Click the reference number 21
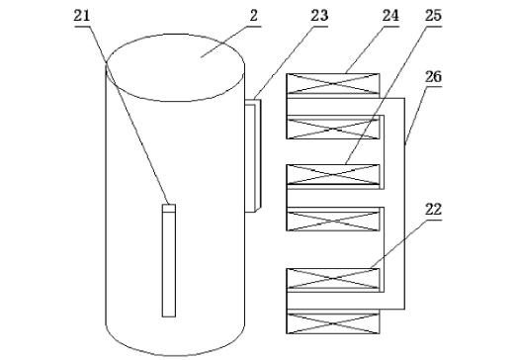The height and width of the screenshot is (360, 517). coord(82,16)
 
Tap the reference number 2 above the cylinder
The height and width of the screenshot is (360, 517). coord(253,16)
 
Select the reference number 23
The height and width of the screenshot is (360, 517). coord(319,16)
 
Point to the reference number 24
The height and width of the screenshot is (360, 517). coord(390,16)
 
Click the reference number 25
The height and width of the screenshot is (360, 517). coord(433,16)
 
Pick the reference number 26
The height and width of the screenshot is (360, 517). coord(433,76)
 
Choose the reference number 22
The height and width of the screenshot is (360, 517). coord(433,210)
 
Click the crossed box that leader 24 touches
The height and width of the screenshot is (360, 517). coord(333,83)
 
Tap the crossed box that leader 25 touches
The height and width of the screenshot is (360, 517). coord(333,174)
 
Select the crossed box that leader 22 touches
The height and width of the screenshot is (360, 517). coord(333,279)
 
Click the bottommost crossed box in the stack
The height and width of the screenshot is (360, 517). coord(333,323)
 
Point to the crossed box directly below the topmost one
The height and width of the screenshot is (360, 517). coord(333,129)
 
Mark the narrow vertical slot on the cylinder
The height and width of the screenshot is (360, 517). coord(169,261)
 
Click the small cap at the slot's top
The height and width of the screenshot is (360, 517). coord(169,209)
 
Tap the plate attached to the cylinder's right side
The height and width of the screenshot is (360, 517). coord(253,155)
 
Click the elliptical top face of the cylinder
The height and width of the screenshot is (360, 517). coord(175,67)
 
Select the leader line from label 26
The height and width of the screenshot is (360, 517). coord(416,116)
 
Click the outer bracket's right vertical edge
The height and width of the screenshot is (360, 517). coord(404,204)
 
